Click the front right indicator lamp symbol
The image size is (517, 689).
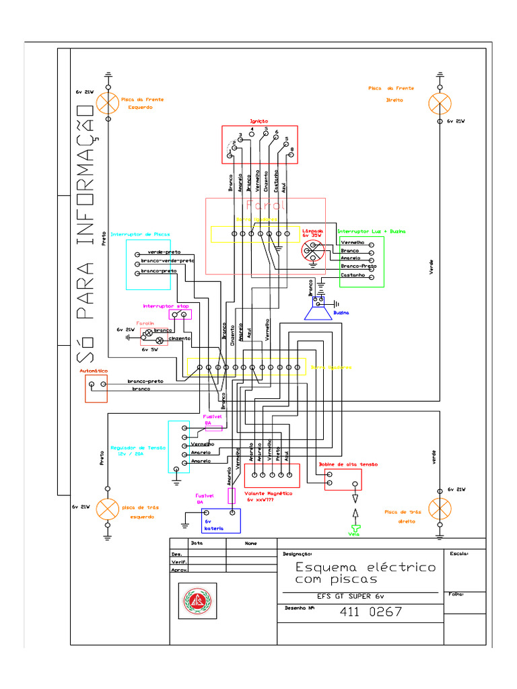tap(440, 103)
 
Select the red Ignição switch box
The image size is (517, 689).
tap(260, 145)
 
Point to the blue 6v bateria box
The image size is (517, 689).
tap(221, 520)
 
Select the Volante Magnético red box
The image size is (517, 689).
tap(271, 476)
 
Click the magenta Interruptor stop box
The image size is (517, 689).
tap(180, 314)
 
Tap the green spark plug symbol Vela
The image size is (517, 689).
tap(354, 528)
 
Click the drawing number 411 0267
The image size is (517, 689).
tap(371, 612)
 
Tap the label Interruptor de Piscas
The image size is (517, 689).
tap(140, 235)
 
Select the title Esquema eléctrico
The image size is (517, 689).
tap(366, 567)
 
